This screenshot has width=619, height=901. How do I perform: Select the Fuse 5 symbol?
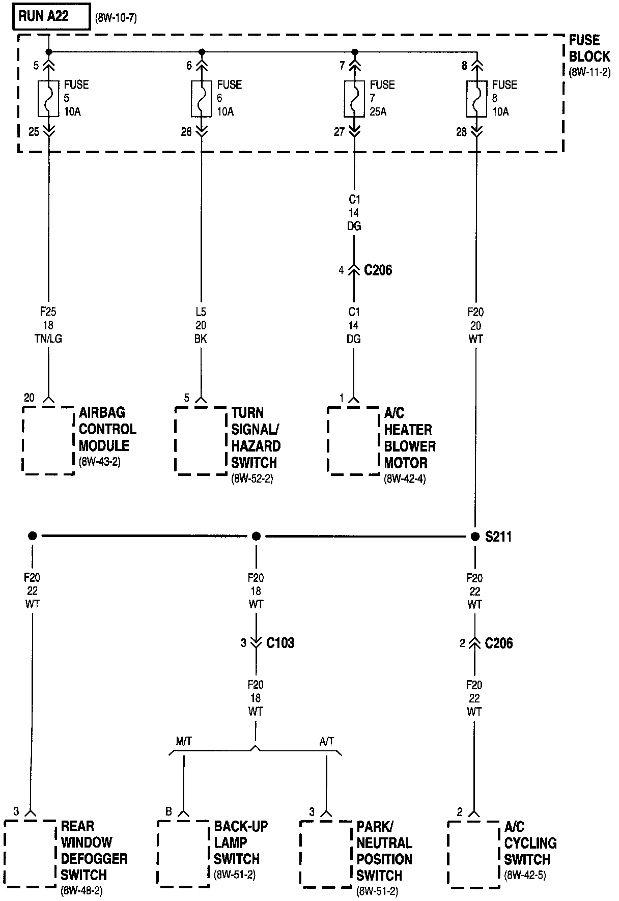49,98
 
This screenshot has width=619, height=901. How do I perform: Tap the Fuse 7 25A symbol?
355,98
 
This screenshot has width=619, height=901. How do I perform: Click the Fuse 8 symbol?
476,98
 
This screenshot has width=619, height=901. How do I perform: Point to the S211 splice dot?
475,536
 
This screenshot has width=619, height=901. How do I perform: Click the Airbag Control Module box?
48,440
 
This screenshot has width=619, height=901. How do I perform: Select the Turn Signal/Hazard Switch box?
201,440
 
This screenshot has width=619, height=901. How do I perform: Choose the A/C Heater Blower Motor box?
353,440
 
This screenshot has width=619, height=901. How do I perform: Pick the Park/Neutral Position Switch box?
326,854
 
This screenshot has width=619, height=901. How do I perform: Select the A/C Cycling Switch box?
473,854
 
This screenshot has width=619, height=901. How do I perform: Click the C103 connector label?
280,643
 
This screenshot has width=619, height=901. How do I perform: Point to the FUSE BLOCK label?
589,48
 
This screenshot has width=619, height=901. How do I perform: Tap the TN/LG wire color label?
49,339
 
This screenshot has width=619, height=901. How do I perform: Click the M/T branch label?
184,741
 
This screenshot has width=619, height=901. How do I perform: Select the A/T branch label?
327,741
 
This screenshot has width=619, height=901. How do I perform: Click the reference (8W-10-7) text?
116,19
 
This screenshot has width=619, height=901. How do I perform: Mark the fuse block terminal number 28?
461,132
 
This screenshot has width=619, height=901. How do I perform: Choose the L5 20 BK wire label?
201,325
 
